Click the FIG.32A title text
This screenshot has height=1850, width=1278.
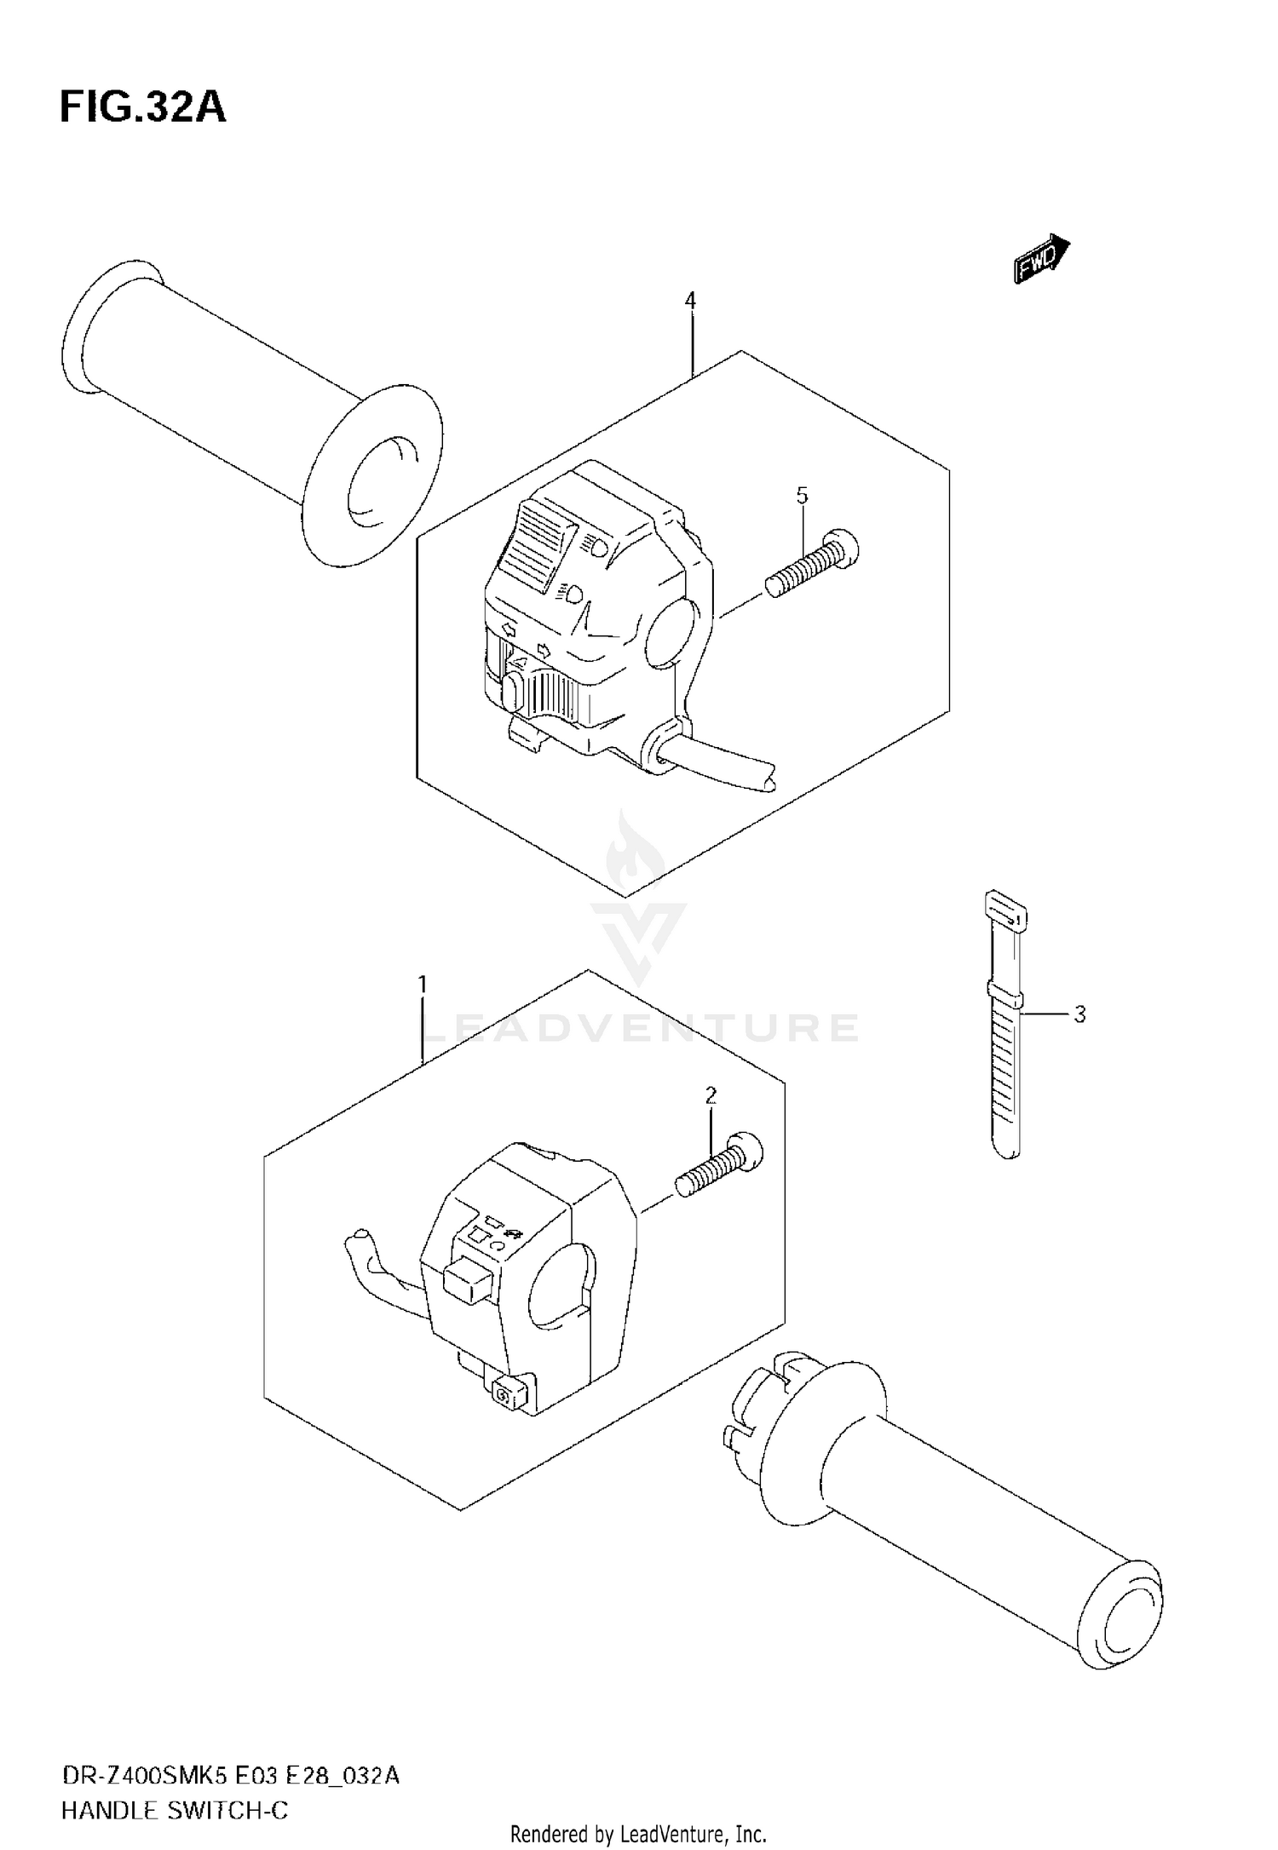click(142, 108)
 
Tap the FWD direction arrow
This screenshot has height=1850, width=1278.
click(1041, 257)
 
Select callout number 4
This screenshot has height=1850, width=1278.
click(690, 300)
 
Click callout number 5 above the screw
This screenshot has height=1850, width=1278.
click(802, 495)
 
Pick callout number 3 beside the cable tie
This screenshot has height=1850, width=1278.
click(1079, 1014)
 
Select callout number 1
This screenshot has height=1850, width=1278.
click(422, 985)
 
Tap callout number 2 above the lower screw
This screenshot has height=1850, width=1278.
click(711, 1095)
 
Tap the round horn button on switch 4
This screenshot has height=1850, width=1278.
click(511, 692)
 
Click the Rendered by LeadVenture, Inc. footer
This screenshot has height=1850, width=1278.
click(638, 1833)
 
